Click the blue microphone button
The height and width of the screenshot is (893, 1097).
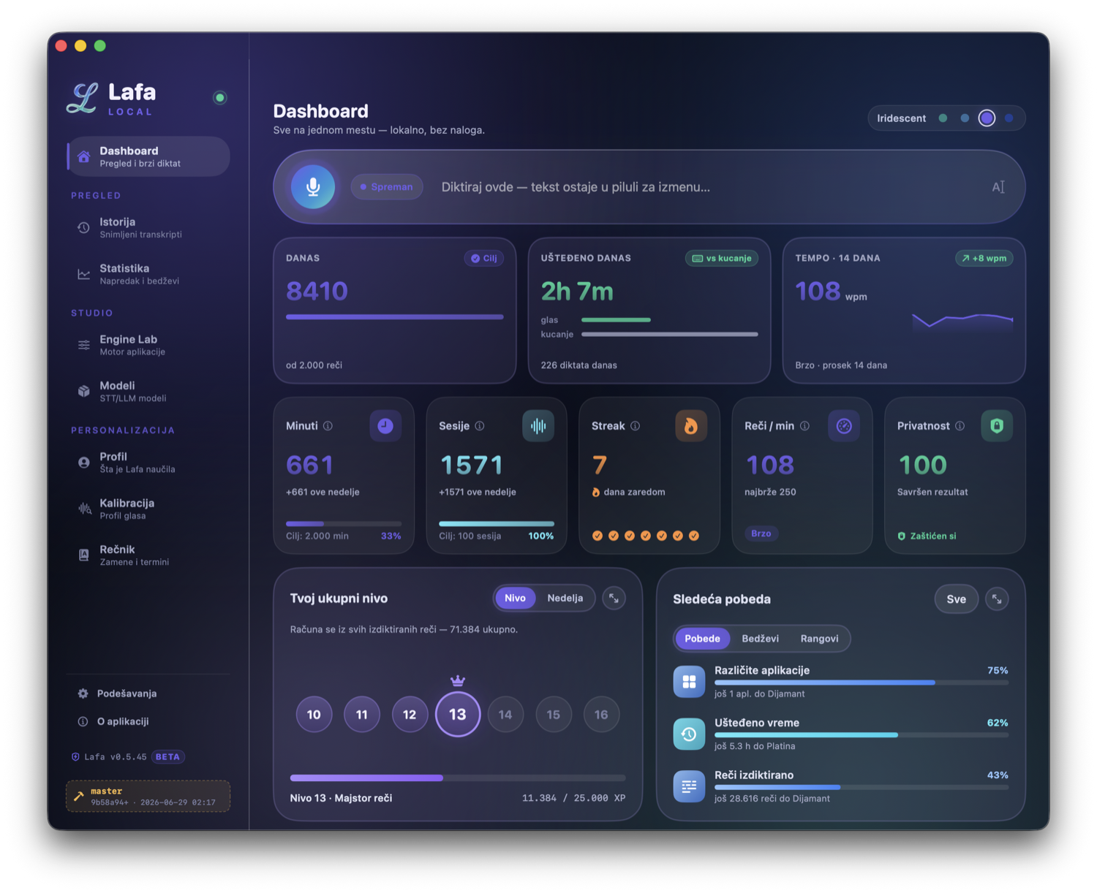click(312, 186)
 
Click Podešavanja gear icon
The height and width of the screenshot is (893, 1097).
click(83, 693)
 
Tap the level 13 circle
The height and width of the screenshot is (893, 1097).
click(457, 714)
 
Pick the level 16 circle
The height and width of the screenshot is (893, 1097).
click(601, 714)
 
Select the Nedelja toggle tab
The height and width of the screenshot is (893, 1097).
click(565, 598)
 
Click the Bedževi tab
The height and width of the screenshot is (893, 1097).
click(760, 638)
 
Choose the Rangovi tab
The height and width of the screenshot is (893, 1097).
click(819, 638)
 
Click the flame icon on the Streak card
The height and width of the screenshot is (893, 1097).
click(690, 425)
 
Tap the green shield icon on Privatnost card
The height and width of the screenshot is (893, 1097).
click(996, 425)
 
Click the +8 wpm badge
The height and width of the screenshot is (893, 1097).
click(984, 258)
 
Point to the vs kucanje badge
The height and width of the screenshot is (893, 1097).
click(721, 258)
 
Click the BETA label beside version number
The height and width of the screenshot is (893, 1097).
click(167, 756)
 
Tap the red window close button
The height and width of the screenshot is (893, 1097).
click(61, 46)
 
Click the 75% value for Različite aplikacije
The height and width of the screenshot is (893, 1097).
click(997, 670)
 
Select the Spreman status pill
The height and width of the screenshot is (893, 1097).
click(386, 186)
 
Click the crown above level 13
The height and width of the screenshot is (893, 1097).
click(457, 680)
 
